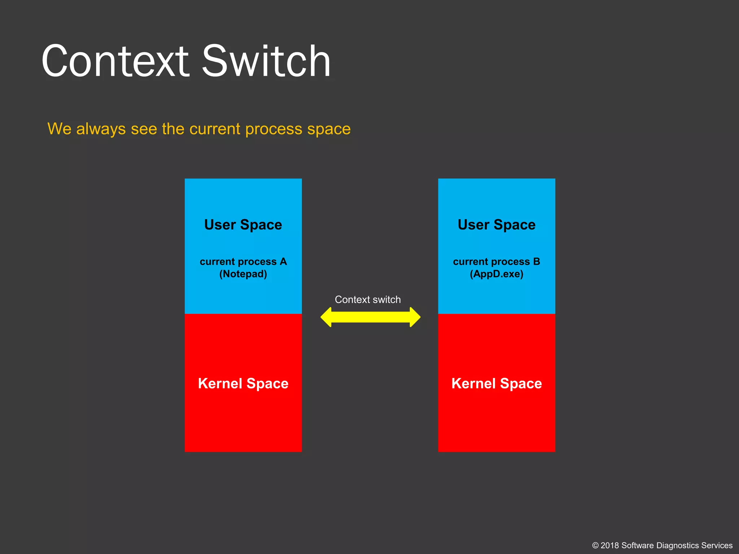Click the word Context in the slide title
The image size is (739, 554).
115,61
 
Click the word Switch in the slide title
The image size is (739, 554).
266,61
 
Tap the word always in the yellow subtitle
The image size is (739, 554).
101,129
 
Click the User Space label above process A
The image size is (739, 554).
243,225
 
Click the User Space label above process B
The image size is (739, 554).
497,225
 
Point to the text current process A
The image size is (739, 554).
243,261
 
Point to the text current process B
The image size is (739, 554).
497,261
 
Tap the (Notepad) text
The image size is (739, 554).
243,274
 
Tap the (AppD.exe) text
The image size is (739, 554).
497,274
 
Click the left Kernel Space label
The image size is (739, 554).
243,383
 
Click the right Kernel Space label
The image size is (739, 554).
497,383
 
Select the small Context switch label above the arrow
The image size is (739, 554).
368,299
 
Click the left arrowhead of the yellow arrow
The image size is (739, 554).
327,317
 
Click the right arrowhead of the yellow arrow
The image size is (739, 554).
415,317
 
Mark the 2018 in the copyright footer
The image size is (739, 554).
610,545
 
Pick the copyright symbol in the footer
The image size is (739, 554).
595,546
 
